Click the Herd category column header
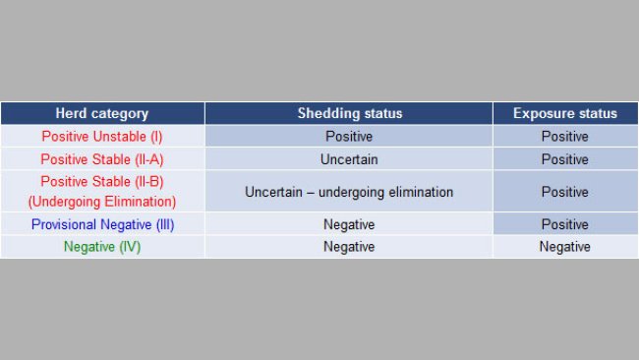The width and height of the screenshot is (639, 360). [102, 113]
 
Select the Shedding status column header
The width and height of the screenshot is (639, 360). [349, 113]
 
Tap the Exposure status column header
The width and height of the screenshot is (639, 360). [565, 113]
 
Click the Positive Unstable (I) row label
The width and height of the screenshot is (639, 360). [102, 137]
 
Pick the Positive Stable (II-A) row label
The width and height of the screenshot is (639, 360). [102, 159]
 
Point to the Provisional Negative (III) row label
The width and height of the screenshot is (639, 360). [102, 224]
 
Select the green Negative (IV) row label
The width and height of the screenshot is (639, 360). [102, 247]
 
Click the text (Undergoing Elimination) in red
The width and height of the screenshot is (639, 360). [102, 202]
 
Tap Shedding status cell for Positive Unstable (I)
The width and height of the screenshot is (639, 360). [349, 137]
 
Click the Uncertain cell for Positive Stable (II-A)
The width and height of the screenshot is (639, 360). [349, 159]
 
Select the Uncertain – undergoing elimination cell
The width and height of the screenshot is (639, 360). [349, 192]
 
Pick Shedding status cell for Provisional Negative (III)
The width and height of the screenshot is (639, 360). [349, 224]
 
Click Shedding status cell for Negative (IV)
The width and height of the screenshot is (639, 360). [349, 247]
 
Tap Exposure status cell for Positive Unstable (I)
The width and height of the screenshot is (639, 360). [565, 137]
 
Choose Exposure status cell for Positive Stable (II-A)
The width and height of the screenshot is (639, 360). [565, 159]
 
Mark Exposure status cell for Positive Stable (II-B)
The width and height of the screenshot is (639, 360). [565, 192]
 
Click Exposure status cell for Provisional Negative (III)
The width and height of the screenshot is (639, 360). [565, 224]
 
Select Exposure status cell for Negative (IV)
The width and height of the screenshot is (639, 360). [565, 247]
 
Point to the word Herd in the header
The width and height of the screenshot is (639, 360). [71, 113]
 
